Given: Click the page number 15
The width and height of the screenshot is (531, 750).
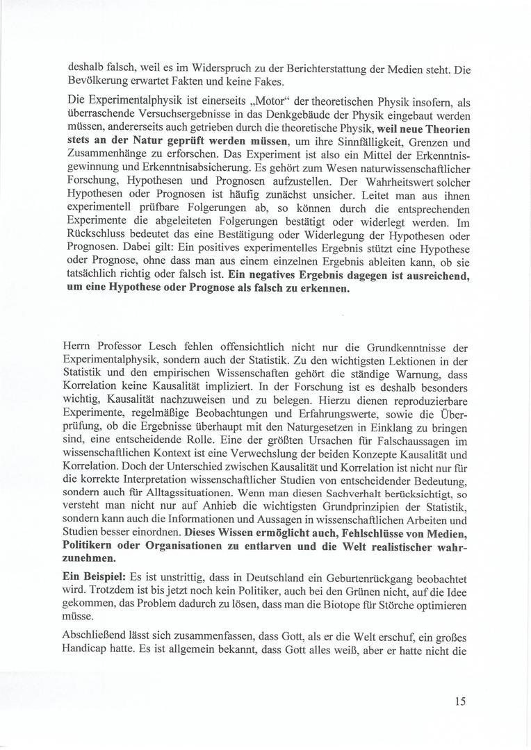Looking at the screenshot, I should click(460, 701).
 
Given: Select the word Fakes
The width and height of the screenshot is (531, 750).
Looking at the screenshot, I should click(240, 83).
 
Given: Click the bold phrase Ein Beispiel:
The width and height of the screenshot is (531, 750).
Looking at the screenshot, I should click(95, 578).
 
